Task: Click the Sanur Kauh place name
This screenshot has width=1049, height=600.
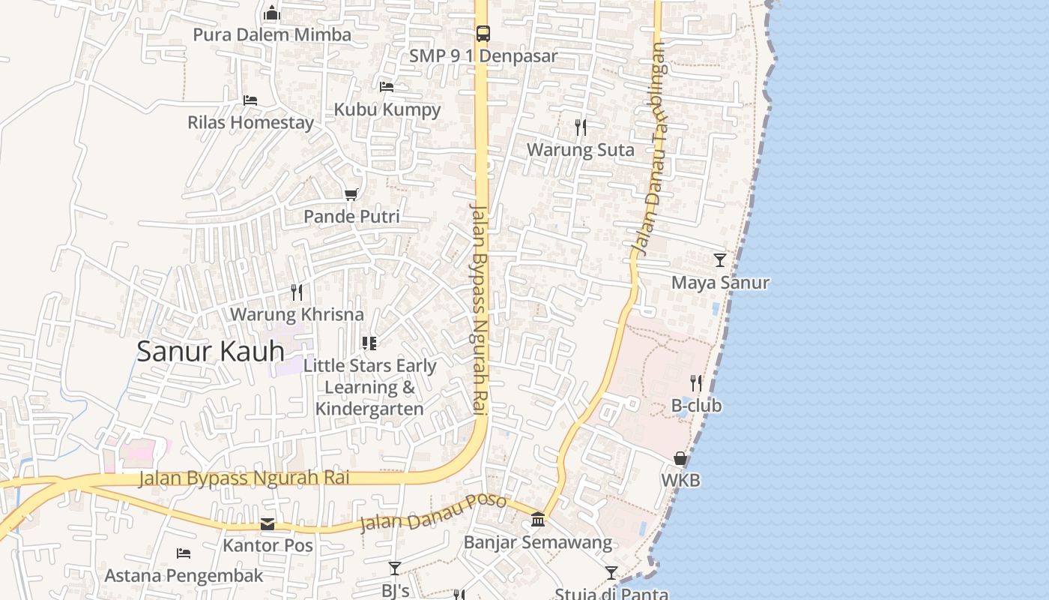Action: (x=211, y=352)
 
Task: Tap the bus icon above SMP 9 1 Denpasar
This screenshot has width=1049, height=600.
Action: (x=483, y=34)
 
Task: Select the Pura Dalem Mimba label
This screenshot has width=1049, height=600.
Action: (x=272, y=35)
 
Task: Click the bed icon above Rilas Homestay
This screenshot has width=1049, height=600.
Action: (x=250, y=100)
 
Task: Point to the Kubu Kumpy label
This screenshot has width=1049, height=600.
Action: (x=387, y=109)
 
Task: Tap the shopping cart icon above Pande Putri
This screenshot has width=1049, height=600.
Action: (x=351, y=195)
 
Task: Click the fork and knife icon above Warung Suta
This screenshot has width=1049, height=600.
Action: (x=581, y=127)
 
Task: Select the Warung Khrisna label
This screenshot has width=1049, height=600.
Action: (x=297, y=314)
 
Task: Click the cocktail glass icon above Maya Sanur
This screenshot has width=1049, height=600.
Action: (x=720, y=260)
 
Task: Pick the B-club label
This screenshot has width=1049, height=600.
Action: (x=696, y=406)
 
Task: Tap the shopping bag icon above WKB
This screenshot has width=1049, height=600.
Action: (x=680, y=458)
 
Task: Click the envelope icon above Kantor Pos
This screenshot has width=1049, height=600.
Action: (x=267, y=524)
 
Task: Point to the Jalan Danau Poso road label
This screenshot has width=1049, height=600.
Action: (x=433, y=512)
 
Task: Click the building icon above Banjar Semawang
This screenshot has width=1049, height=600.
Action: (x=538, y=520)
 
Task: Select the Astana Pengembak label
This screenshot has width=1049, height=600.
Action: (x=184, y=576)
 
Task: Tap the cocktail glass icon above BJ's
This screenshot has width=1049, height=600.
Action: (x=395, y=568)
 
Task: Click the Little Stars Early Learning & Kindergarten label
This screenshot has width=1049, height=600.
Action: (x=369, y=387)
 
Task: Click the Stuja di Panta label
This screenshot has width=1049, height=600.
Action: (x=611, y=594)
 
